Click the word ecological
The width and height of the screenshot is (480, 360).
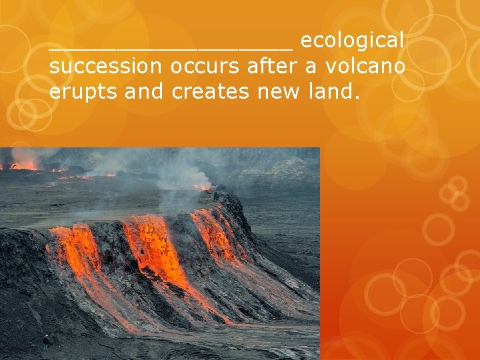[x=352, y=41]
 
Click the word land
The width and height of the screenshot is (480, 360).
[x=330, y=92]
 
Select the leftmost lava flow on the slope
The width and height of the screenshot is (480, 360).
[x=73, y=253]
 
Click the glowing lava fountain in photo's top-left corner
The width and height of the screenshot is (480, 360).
[x=23, y=165]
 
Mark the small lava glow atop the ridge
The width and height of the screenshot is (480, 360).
[x=202, y=187]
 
